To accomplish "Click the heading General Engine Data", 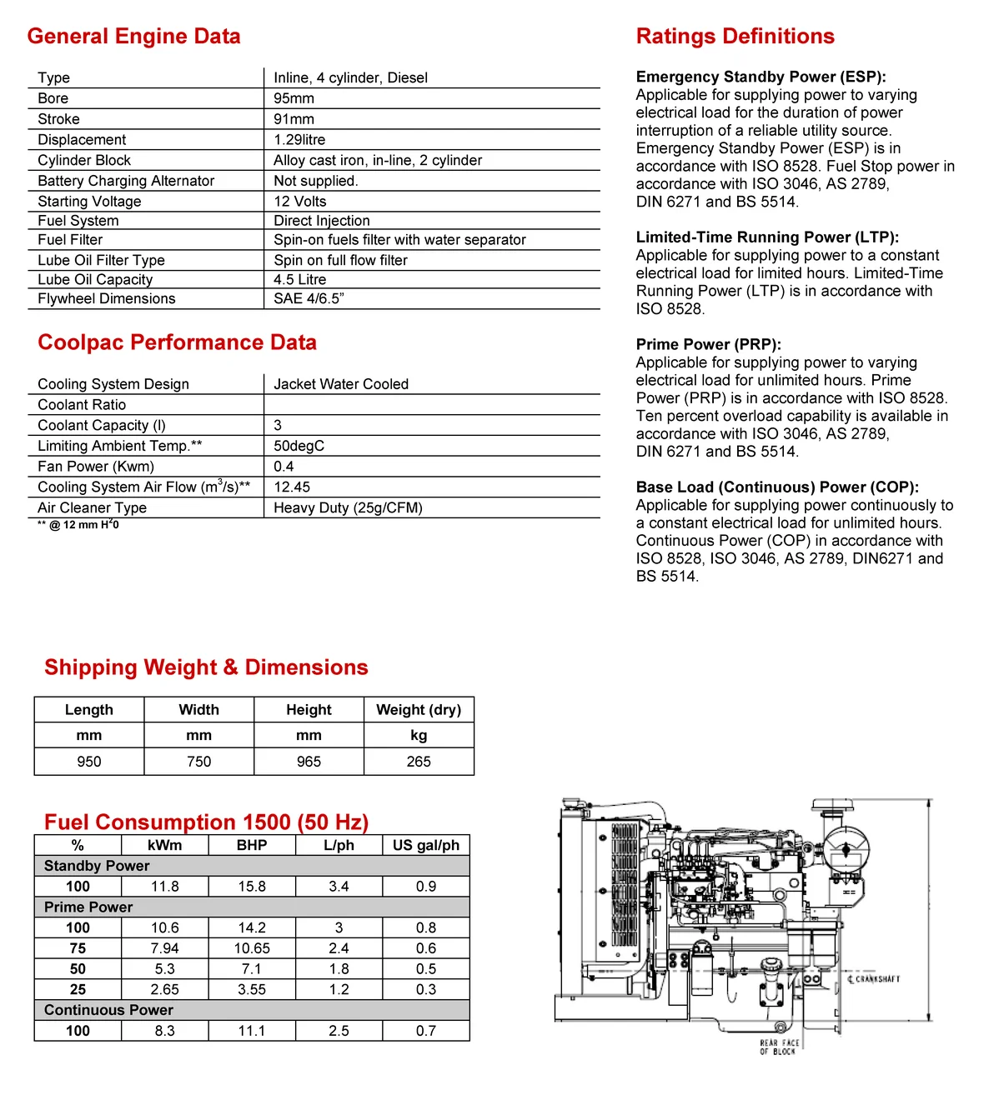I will coord(133,37).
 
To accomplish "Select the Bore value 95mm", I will coord(294,98).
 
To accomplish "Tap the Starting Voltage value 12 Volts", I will coord(299,202).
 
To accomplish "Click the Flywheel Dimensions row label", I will coord(107,299).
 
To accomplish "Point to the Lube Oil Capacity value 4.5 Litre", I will coord(299,280).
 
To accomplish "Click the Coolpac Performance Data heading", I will coord(177,342).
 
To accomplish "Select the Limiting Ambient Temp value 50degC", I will coord(299,446).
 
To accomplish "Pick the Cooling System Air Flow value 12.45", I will coord(292,487).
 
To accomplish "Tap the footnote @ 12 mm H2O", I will coord(78,525).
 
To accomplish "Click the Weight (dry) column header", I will coord(419,710).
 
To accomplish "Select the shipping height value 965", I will coord(309,762).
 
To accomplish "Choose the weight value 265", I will coord(419,762).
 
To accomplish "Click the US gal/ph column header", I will coord(426,845).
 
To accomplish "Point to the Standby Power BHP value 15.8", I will coord(252,887).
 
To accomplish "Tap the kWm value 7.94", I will coord(164,948).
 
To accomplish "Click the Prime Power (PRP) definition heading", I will coord(708,344).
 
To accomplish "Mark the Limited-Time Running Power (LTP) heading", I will coord(767,237).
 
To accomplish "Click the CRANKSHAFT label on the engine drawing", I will coord(876,979).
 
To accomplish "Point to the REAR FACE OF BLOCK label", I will coord(779,1047).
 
